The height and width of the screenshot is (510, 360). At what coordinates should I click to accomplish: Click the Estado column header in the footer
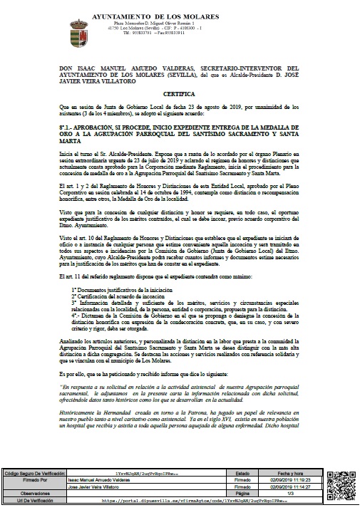tap(242, 472)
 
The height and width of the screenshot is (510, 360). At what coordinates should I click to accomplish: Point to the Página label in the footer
tap(242, 493)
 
